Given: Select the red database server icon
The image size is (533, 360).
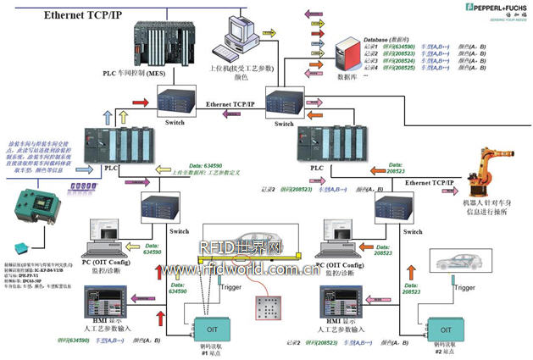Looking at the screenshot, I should point(345,55).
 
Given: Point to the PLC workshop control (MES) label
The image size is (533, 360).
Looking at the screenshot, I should point(133,75).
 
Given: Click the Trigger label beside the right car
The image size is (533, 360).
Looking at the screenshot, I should point(464,288).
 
